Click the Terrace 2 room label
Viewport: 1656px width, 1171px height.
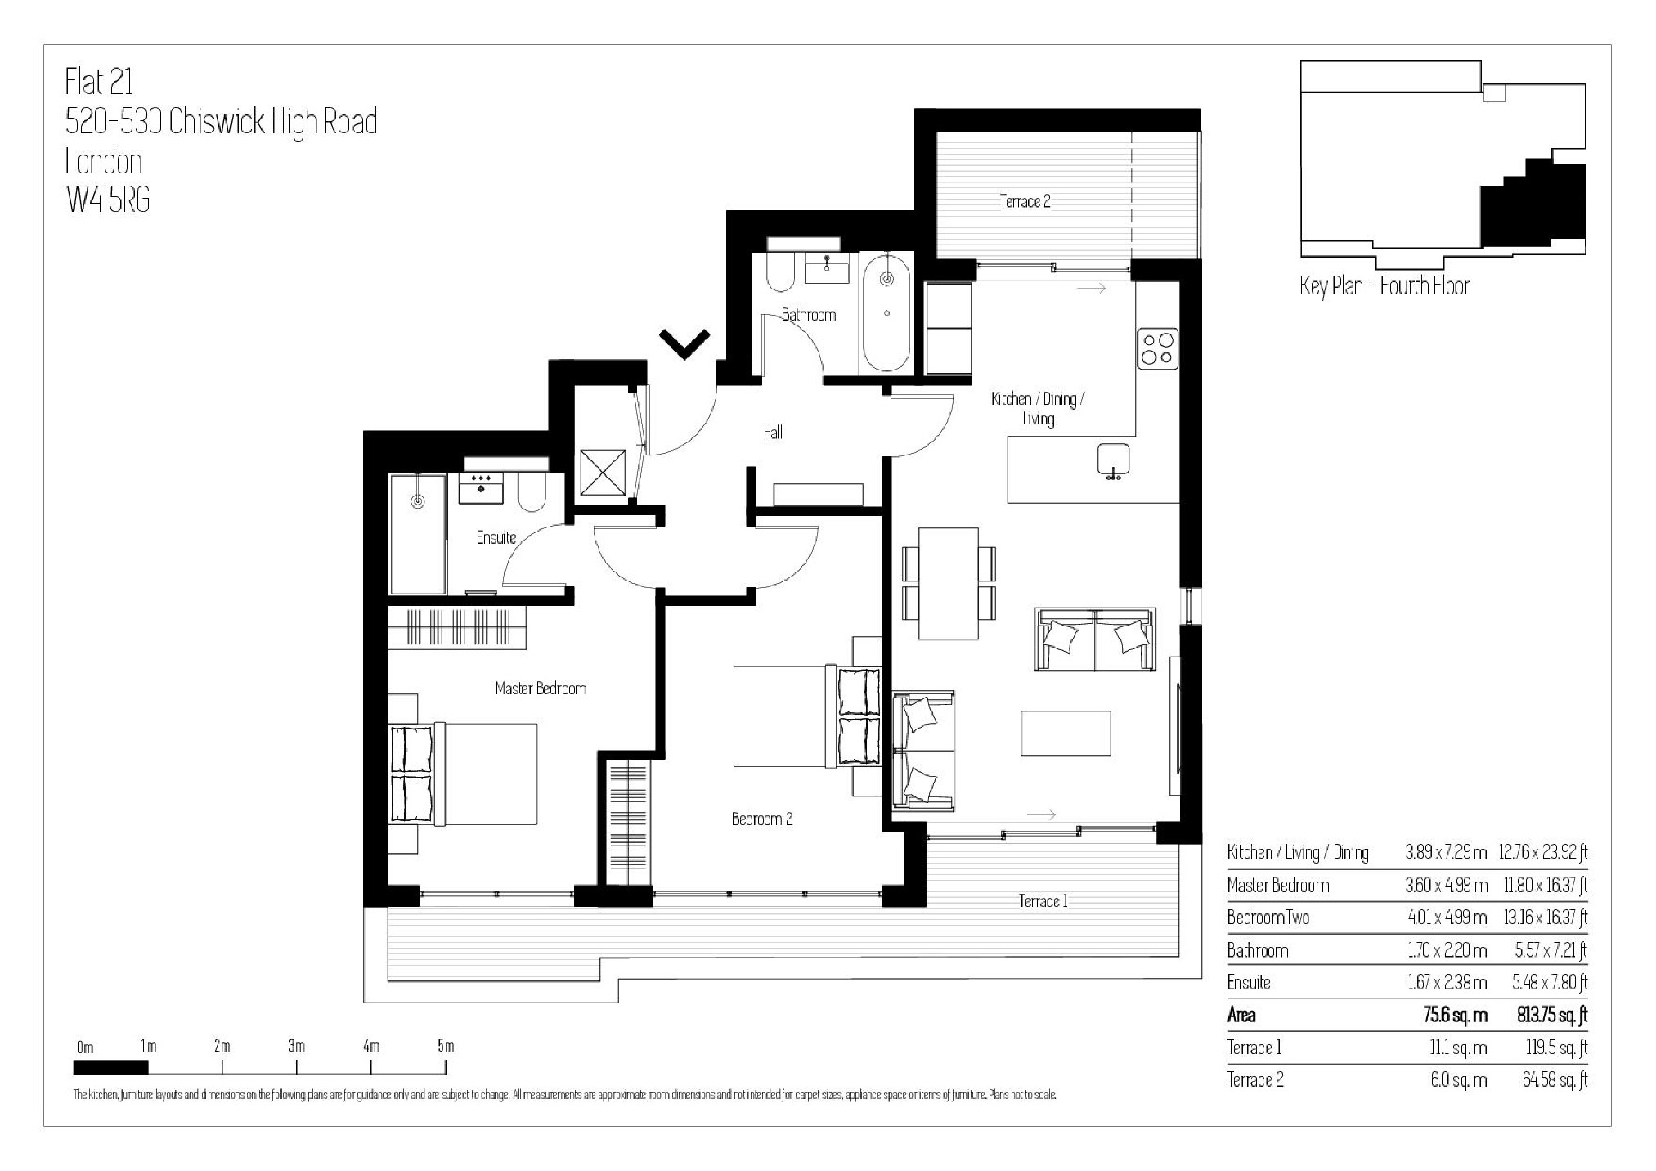click(1024, 201)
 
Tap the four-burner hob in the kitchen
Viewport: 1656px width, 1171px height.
click(1157, 348)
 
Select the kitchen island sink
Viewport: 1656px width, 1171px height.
click(1112, 460)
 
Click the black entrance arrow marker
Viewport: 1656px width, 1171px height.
click(684, 343)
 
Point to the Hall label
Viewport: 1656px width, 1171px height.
click(773, 432)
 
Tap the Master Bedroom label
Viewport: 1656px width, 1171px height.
click(541, 689)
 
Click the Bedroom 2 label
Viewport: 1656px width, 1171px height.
click(761, 819)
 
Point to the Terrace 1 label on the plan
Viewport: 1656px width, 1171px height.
click(1043, 901)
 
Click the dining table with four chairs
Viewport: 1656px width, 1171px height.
click(949, 583)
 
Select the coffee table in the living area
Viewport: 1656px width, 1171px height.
click(1065, 733)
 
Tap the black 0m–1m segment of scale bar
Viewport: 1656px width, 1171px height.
click(110, 1067)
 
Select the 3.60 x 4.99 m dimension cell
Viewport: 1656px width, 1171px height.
click(1446, 885)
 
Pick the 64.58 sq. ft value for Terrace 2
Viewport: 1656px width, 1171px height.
click(1554, 1079)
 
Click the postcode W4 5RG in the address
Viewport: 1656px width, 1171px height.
click(108, 200)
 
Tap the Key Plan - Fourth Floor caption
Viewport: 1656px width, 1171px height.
click(1384, 285)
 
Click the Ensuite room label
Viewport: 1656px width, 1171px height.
click(496, 537)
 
